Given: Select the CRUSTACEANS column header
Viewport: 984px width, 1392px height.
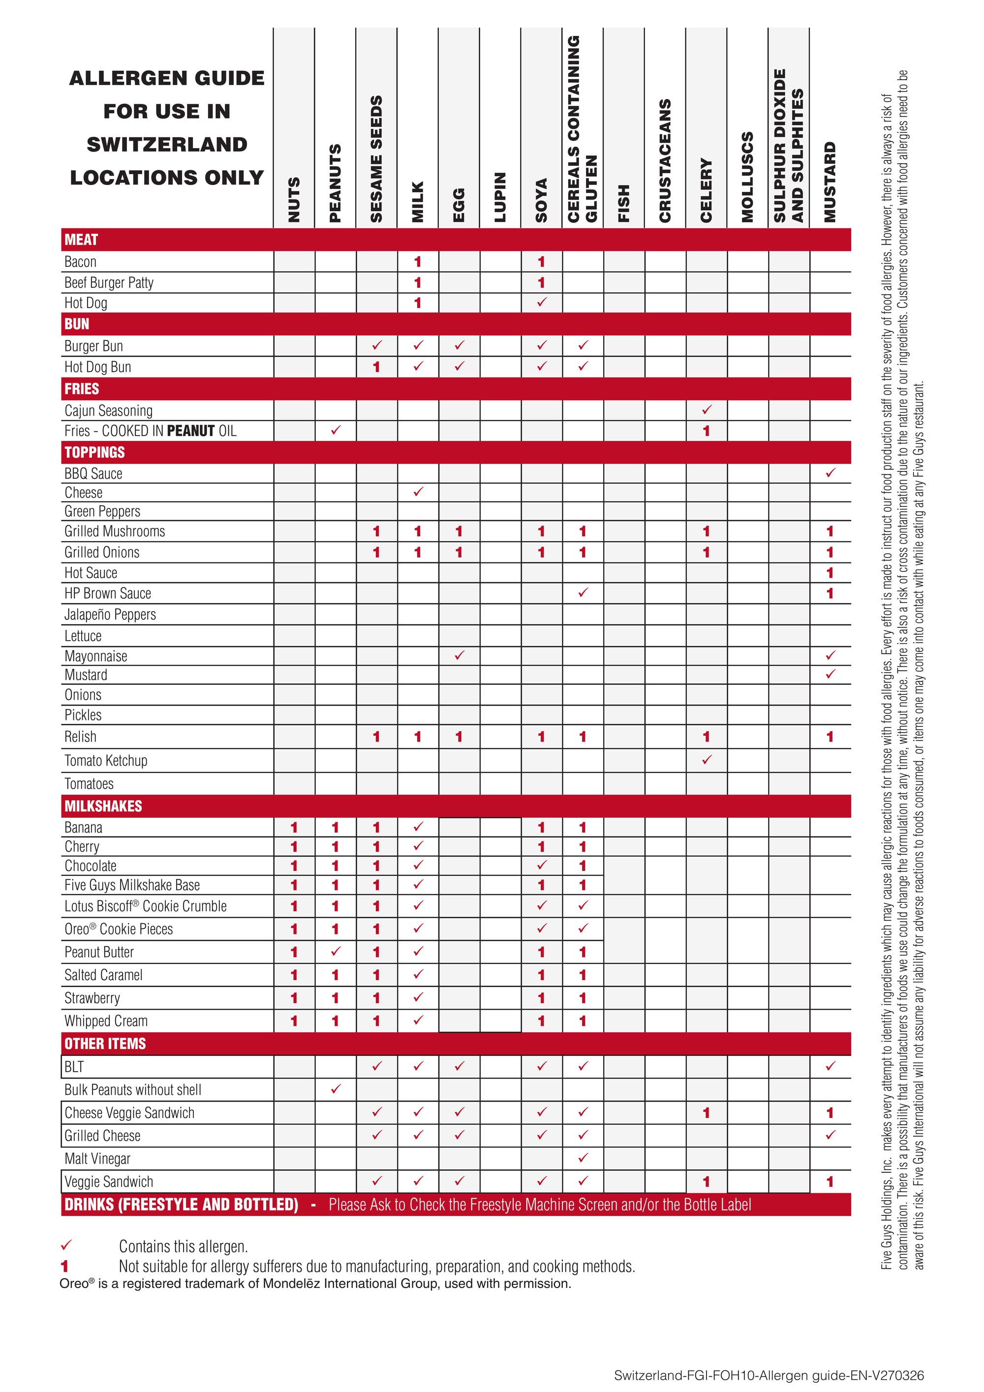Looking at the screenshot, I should [x=665, y=161].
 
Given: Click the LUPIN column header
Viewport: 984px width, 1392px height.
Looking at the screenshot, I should [x=500, y=197].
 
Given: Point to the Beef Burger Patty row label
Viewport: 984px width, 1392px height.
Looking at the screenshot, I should [x=109, y=282].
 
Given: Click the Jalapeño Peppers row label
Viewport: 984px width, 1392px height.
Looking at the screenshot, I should [x=110, y=615].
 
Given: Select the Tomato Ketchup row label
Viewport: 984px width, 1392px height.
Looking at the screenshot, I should [x=106, y=760].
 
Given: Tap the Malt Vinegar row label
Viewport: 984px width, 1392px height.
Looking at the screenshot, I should [x=97, y=1159].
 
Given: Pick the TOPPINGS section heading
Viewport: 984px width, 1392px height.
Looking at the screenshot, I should [x=94, y=452].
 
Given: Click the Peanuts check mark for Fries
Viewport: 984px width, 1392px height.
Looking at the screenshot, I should [x=335, y=430].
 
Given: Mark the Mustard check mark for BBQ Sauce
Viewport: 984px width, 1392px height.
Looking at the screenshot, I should [x=830, y=472].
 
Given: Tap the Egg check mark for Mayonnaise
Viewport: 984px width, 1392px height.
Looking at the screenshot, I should [x=459, y=655].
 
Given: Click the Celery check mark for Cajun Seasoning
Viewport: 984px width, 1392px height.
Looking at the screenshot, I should [x=707, y=410].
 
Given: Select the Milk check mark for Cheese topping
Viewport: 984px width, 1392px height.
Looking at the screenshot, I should [x=418, y=492].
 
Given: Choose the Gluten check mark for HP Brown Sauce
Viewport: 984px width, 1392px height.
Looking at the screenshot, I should [x=583, y=592].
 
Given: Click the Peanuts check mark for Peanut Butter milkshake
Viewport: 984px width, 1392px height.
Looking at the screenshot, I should [x=335, y=951].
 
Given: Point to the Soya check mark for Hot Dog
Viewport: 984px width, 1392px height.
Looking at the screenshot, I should [x=541, y=302].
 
